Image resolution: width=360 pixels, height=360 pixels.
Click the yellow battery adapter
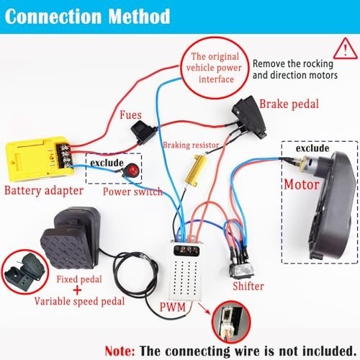click(x=39, y=159)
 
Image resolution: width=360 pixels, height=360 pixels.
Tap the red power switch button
click(x=132, y=170)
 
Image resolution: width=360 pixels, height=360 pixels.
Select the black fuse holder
click(x=143, y=132)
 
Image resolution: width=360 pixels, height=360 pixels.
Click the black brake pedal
click(x=249, y=117)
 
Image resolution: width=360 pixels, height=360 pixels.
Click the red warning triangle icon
click(x=346, y=49)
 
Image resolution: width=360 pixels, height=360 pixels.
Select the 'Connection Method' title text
click(x=87, y=17)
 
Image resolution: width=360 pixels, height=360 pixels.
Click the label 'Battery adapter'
click(x=44, y=191)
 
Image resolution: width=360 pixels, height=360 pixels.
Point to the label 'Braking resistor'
click(x=191, y=145)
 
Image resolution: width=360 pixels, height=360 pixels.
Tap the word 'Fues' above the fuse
click(x=130, y=114)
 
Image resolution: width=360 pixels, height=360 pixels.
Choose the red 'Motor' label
click(x=302, y=185)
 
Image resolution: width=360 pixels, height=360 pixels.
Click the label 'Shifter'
click(x=248, y=286)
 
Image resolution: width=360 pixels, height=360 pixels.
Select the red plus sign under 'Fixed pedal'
click(x=77, y=290)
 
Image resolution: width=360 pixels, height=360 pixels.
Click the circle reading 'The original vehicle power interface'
click(x=215, y=68)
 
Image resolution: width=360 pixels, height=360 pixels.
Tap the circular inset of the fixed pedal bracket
click(x=25, y=274)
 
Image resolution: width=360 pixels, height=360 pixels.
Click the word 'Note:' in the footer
click(x=120, y=351)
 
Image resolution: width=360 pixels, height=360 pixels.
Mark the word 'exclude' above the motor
click(x=312, y=148)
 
